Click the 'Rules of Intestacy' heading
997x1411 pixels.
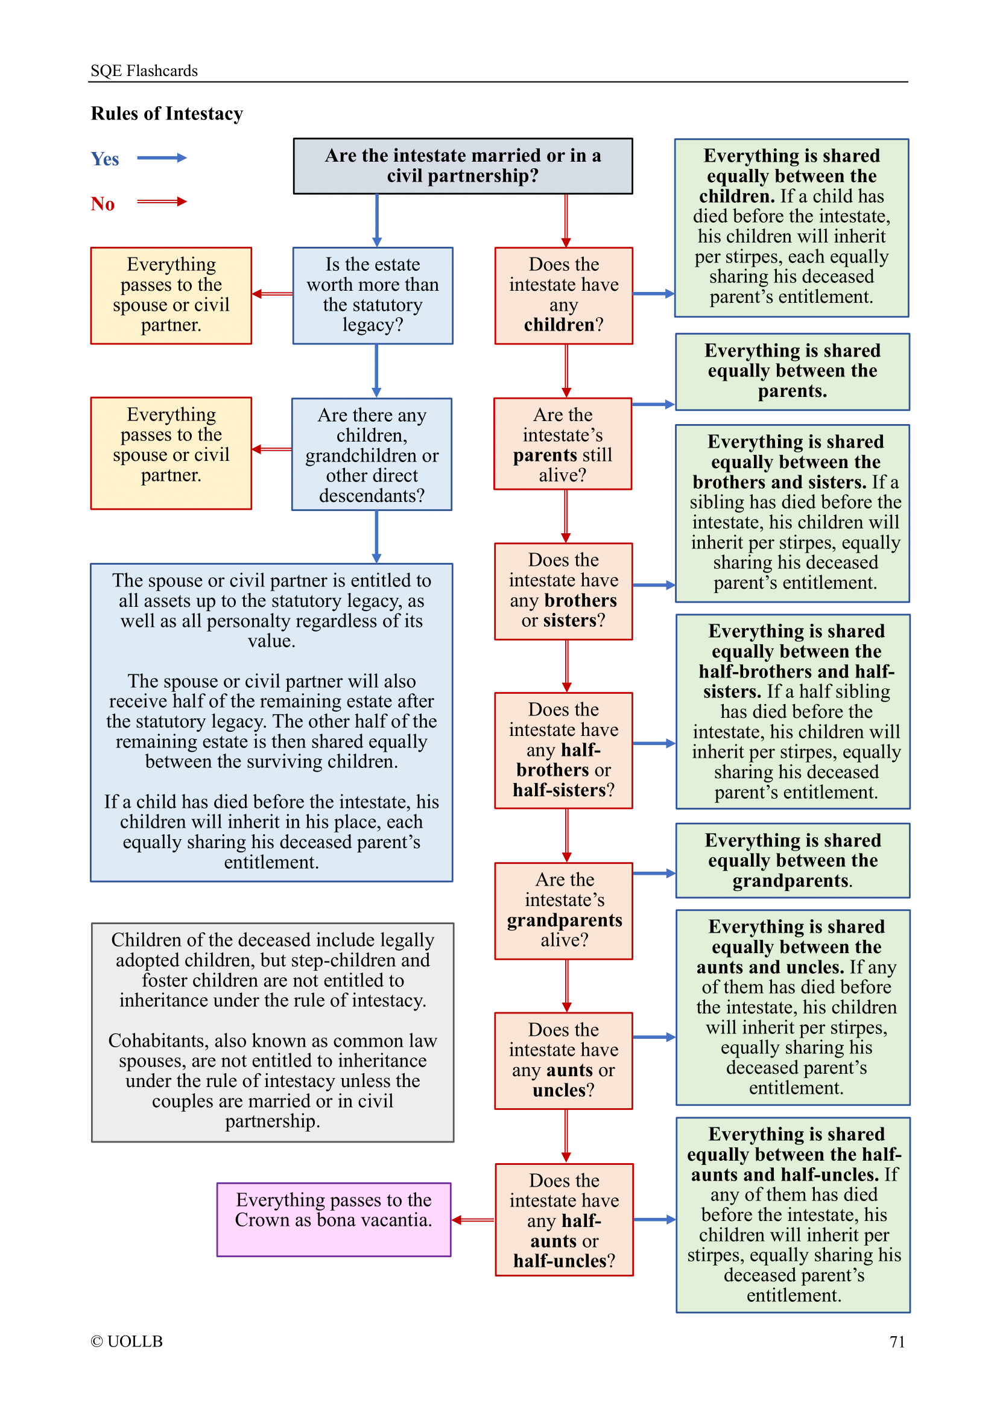point(166,113)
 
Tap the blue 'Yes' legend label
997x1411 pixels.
point(105,159)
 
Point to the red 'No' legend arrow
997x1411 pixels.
point(161,201)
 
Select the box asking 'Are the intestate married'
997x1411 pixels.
point(463,166)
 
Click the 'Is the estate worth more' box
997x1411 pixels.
point(372,295)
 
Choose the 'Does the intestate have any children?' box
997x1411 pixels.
point(563,295)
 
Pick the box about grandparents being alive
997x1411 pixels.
point(564,910)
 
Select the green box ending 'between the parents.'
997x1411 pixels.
point(792,371)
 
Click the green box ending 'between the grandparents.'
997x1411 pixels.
point(793,860)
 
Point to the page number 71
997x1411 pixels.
point(897,1342)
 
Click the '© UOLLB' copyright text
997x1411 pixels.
point(127,1341)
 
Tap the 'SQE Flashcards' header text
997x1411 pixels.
point(144,71)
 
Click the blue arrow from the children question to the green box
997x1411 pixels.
point(654,294)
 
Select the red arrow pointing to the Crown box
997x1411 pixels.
point(473,1220)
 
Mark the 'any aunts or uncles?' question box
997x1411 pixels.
point(563,1060)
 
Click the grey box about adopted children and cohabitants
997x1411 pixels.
point(272,1032)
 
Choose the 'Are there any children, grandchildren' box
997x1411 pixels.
point(372,455)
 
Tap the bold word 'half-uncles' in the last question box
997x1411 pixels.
point(560,1260)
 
